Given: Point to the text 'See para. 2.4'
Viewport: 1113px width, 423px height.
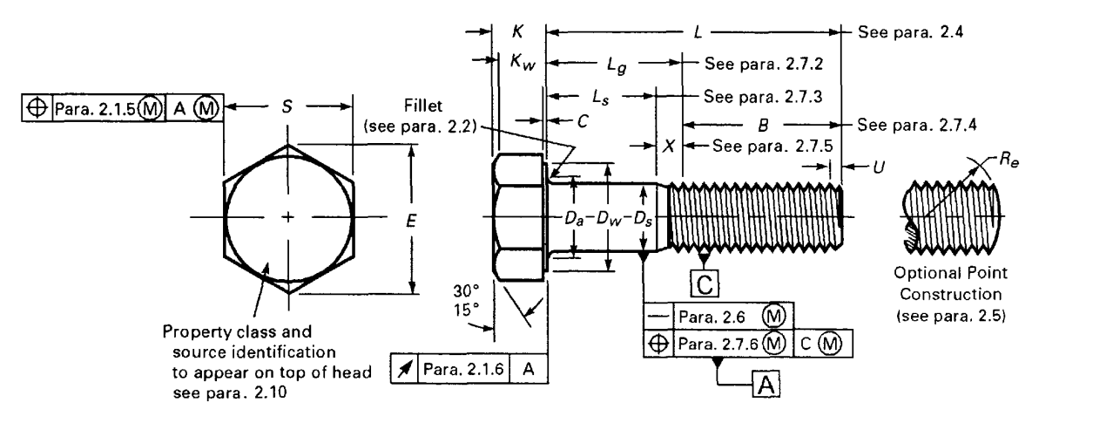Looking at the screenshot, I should [x=901, y=32].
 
